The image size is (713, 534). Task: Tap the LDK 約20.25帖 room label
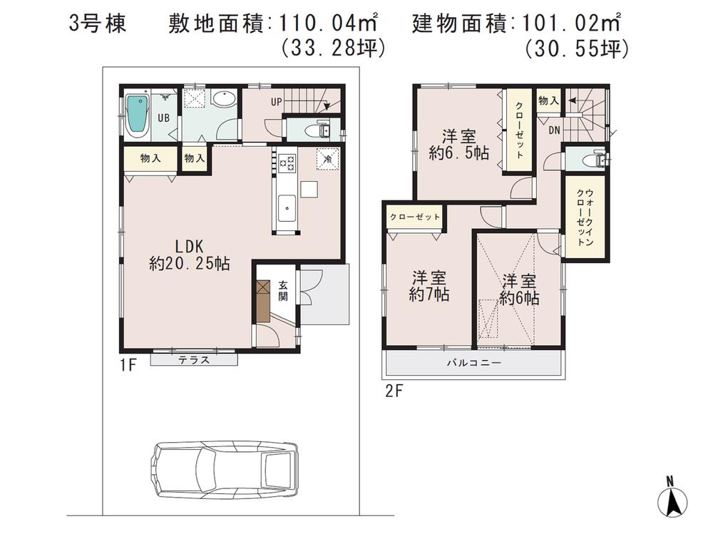point(189,254)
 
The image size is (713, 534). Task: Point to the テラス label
point(194,360)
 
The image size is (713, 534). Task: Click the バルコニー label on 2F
point(473,363)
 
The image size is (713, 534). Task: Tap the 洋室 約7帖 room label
point(429,286)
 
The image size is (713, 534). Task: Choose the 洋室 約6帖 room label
point(518,289)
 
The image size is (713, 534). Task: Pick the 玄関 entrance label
point(282,290)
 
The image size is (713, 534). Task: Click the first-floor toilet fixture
point(314,130)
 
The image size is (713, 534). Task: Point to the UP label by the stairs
point(276,102)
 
